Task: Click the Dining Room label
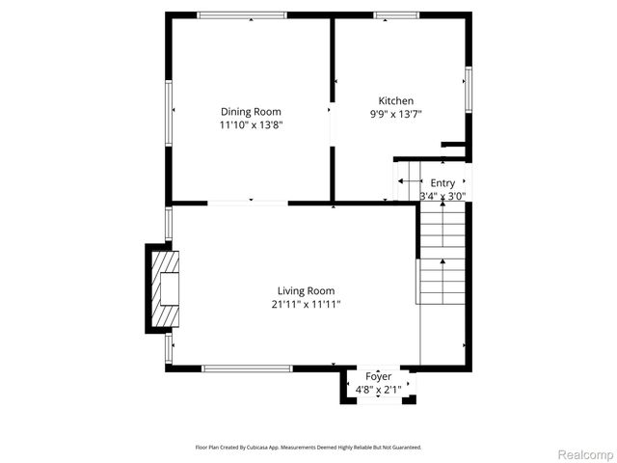point(252,111)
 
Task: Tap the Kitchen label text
point(395,100)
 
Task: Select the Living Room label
point(306,290)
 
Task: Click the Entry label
point(443,182)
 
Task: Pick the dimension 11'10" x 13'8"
point(252,124)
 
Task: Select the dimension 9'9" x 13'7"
point(395,114)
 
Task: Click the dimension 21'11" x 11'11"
point(306,304)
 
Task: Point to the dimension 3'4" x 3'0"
point(443,196)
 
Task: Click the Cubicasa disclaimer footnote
point(308,448)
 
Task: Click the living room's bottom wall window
point(247,368)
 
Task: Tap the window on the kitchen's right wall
point(469,89)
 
